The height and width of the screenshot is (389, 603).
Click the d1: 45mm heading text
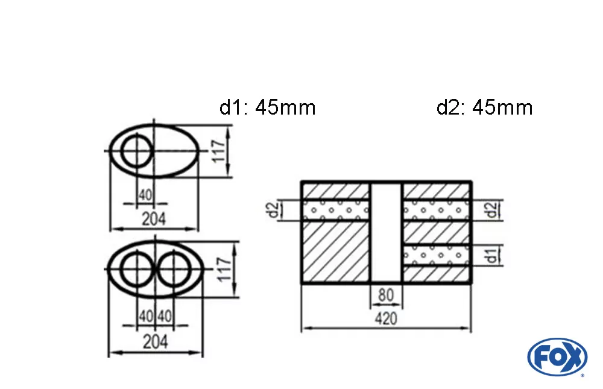(x=267, y=108)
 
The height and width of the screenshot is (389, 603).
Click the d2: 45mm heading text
(x=484, y=108)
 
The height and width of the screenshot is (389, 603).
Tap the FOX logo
(x=557, y=356)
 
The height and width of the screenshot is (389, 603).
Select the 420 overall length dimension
(x=386, y=318)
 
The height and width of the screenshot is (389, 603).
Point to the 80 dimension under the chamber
(x=386, y=296)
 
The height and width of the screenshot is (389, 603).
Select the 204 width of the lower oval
(x=155, y=343)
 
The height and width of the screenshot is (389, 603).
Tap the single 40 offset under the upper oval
(x=145, y=195)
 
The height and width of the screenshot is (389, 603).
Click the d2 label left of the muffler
(x=273, y=210)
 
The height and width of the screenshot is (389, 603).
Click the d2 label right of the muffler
(x=493, y=210)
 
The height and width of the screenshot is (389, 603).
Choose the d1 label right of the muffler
(x=493, y=255)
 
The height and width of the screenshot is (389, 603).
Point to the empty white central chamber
(x=386, y=232)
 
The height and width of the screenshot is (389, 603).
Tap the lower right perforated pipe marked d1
(x=437, y=255)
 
